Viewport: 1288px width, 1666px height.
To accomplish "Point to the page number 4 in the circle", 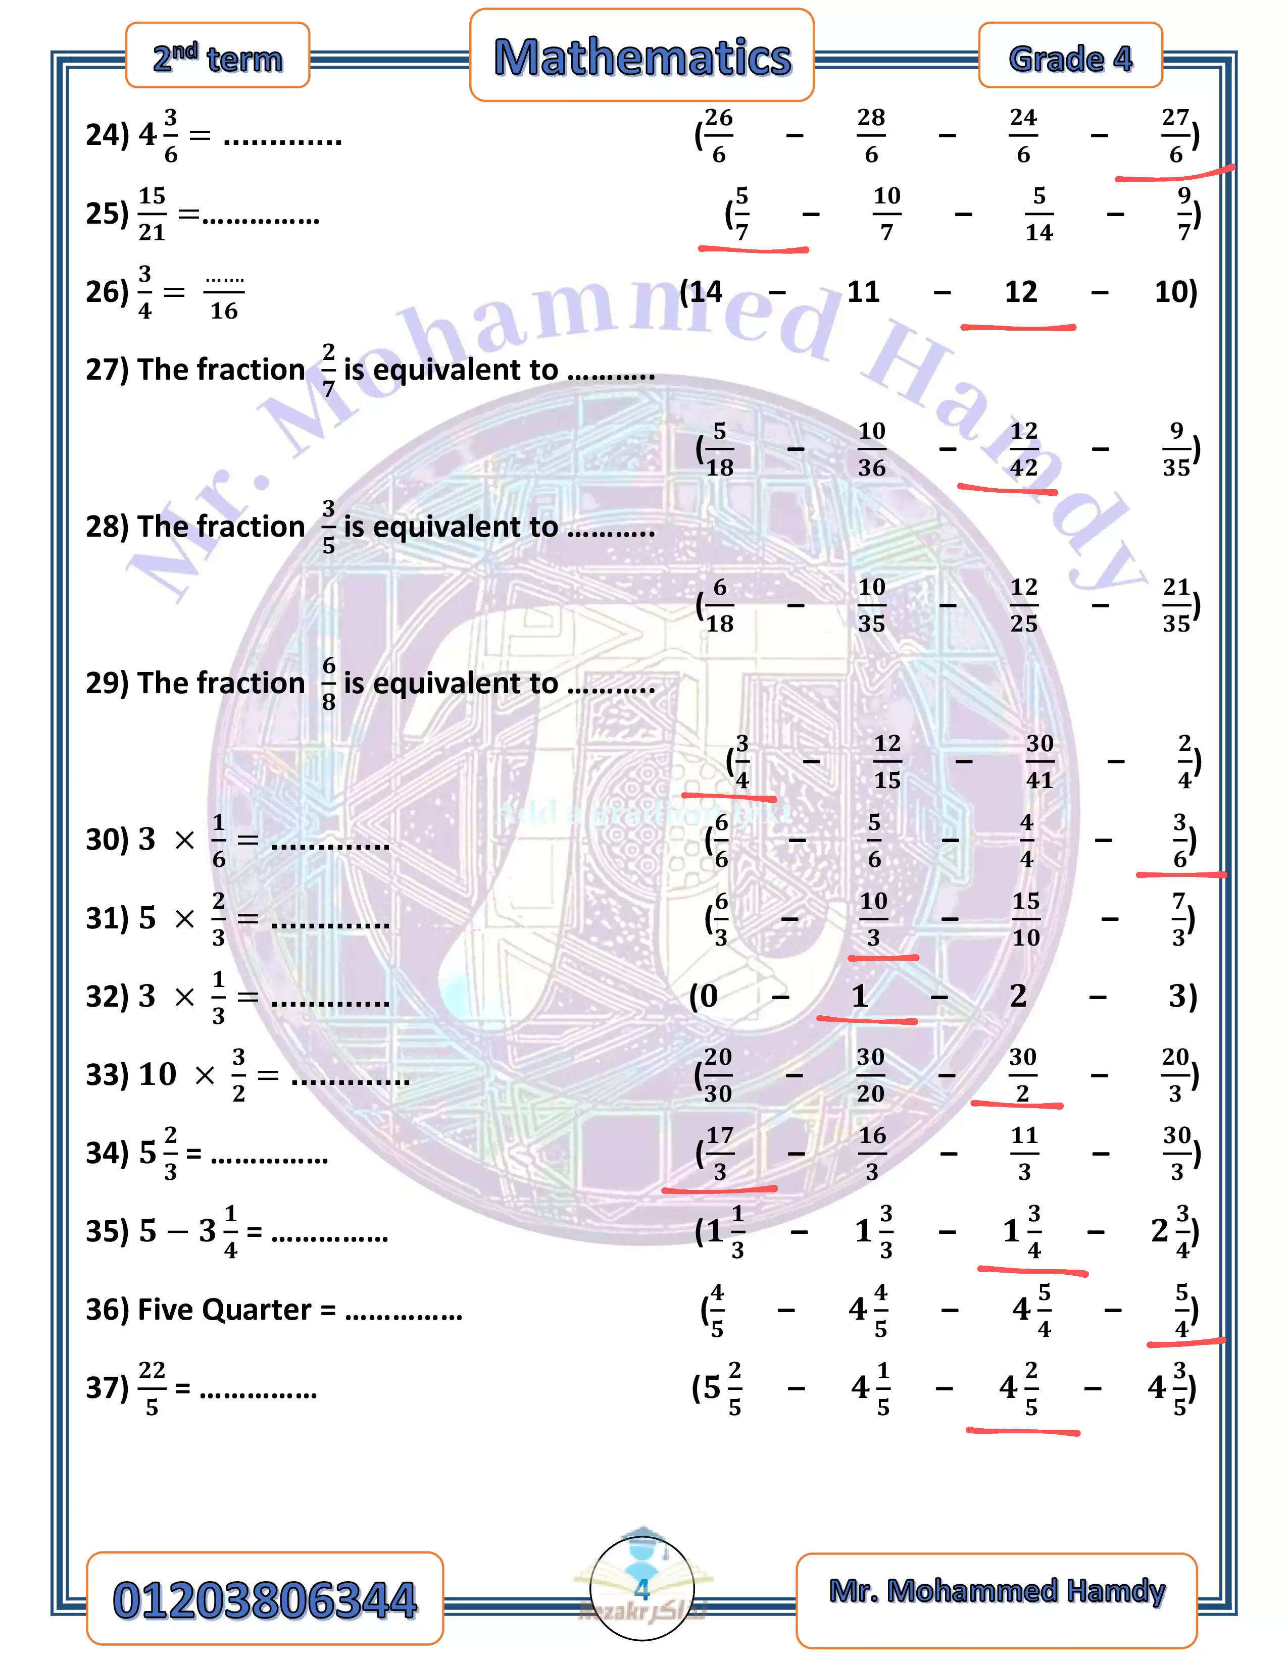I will [641, 1589].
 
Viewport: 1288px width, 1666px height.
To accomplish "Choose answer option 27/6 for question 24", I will [1176, 136].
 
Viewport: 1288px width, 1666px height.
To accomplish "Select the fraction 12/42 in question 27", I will [1024, 449].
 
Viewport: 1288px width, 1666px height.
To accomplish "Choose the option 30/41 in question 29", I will [1039, 761].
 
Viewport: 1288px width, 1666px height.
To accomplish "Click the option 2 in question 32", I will [1018, 996].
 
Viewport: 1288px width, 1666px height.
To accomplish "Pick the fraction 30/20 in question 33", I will [871, 1075].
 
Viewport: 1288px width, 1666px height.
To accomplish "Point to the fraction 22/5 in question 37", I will [152, 1388].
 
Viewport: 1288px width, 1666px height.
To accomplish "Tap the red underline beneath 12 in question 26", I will [1018, 327].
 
